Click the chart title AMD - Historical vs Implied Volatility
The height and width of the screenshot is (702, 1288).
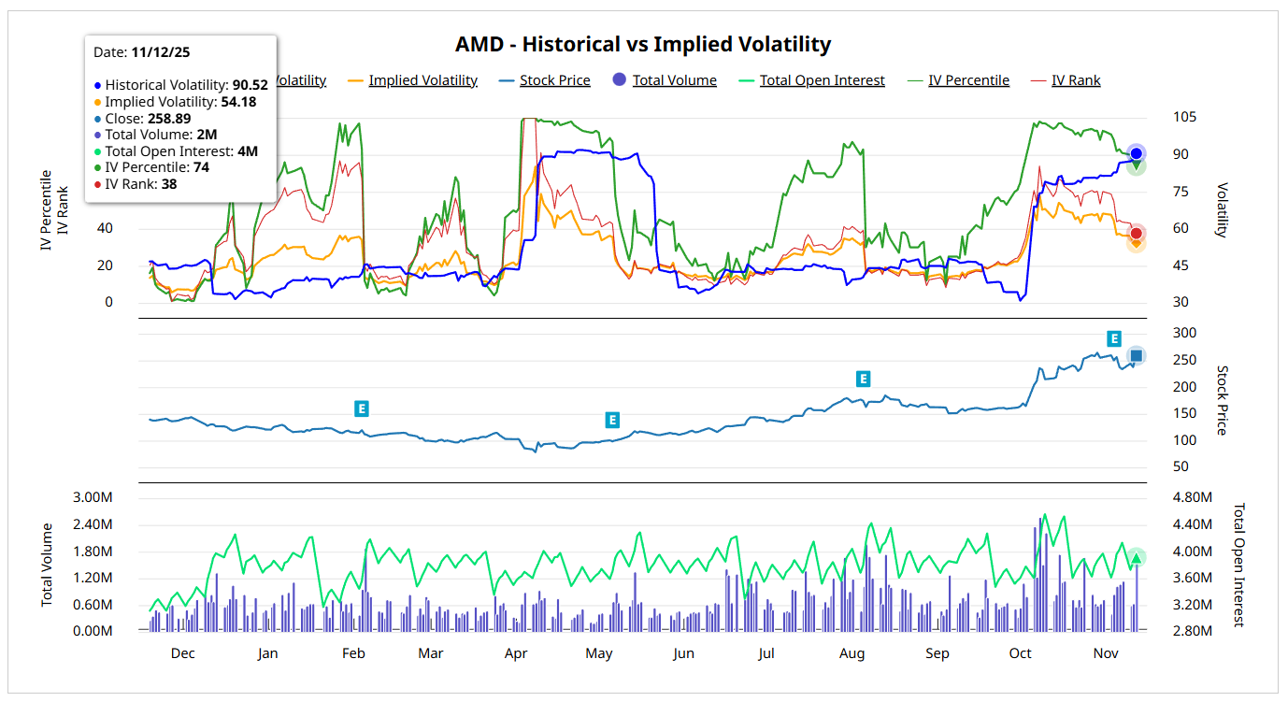pos(643,44)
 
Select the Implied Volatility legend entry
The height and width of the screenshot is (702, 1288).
pos(422,80)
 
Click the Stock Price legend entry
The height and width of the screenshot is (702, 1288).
pos(554,80)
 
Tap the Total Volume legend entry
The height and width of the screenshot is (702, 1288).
pos(674,80)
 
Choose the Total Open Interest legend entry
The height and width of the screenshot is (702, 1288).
pos(822,80)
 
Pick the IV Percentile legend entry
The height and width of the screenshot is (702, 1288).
pos(968,80)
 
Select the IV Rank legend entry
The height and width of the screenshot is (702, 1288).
pos(1076,80)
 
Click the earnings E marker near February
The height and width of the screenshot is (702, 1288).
pos(362,408)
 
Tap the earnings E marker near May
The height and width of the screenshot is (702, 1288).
pos(612,420)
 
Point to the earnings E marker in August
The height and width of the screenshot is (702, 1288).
pos(864,379)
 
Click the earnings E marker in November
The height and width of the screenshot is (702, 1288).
pos(1113,338)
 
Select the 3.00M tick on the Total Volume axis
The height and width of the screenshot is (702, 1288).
pos(92,497)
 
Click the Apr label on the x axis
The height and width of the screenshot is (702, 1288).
pos(516,653)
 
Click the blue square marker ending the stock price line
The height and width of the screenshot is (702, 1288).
pos(1136,355)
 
